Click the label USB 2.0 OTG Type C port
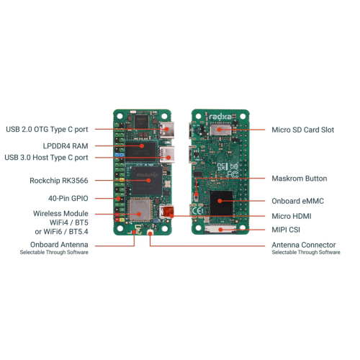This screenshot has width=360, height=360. click(x=47, y=130)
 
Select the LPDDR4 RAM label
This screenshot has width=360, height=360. click(x=66, y=146)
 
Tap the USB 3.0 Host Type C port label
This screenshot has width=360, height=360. click(x=46, y=158)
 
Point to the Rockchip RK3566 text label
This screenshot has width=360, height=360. click(x=59, y=181)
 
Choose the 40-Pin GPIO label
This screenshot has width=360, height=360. click(x=68, y=198)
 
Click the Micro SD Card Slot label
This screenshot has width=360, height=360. click(x=303, y=130)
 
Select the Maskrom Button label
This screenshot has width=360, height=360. click(x=300, y=179)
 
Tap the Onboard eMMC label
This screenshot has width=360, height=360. click(x=297, y=201)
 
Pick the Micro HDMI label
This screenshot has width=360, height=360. click(x=292, y=216)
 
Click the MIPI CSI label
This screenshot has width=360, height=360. click(x=286, y=230)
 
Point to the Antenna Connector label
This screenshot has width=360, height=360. click(x=304, y=245)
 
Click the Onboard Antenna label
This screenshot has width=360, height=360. click(x=59, y=245)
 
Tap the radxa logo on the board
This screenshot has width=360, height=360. click(x=220, y=117)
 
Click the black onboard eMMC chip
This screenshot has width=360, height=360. click(x=221, y=203)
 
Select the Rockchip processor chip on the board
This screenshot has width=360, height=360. click(x=147, y=181)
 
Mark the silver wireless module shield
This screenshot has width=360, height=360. click(x=140, y=210)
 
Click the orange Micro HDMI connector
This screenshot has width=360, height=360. click(x=168, y=212)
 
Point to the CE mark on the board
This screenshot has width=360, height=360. click(x=197, y=211)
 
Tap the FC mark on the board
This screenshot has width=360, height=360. click(x=233, y=174)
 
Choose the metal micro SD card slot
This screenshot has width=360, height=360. click(x=220, y=130)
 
